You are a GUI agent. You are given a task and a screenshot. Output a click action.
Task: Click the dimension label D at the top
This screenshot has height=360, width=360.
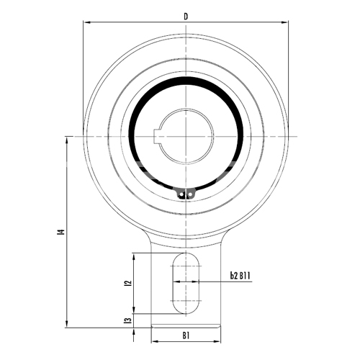[x=186, y=17]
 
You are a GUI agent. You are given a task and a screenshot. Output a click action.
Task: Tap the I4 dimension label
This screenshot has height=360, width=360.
[x=62, y=232]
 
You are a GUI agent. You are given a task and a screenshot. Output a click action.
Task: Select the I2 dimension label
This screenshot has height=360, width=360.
[x=129, y=283]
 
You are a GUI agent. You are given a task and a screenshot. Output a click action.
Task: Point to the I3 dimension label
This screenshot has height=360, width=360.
[x=129, y=320]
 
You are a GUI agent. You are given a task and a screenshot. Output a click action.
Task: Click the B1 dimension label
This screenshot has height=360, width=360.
[x=186, y=336]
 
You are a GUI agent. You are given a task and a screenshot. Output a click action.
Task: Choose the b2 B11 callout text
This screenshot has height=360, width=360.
[x=240, y=276]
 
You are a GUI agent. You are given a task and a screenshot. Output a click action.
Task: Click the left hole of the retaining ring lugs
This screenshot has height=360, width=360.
[x=181, y=194]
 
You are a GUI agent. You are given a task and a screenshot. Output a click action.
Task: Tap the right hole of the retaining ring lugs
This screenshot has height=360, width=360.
[x=190, y=194]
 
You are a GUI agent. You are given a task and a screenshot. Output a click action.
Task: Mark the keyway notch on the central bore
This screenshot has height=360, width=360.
[x=157, y=136]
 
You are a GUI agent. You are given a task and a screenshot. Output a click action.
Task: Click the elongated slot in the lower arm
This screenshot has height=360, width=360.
[x=186, y=283]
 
